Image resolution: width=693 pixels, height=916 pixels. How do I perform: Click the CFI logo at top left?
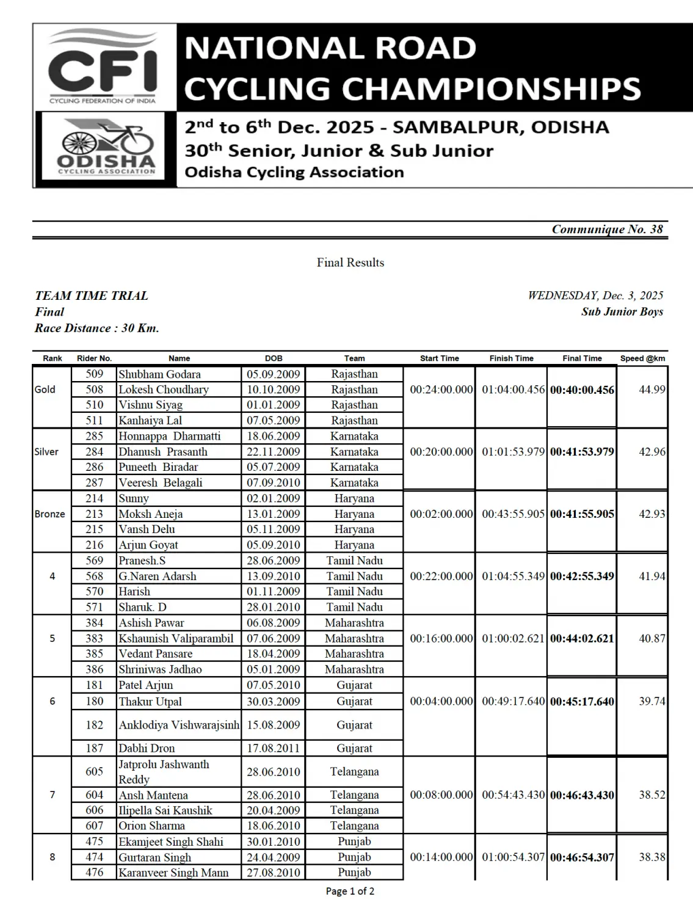(103, 68)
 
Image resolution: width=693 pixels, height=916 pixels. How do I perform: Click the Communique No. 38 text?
(607, 229)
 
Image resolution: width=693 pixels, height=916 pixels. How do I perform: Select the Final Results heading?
(350, 263)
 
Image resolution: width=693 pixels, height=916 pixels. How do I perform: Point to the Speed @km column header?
(642, 358)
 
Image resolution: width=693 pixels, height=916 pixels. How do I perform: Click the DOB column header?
(274, 358)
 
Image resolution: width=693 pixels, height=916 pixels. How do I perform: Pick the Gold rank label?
(45, 390)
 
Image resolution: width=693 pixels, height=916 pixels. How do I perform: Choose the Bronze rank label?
(49, 514)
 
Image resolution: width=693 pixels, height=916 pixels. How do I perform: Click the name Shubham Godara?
(159, 374)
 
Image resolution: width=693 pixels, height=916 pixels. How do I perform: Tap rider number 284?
(95, 452)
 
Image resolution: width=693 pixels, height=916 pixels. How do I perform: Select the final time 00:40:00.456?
(582, 390)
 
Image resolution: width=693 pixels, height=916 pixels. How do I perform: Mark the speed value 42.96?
(651, 452)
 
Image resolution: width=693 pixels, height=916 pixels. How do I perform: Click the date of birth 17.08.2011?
(274, 748)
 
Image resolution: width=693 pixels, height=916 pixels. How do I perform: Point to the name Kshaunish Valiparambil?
(176, 639)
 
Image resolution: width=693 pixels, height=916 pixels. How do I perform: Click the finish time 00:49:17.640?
(513, 702)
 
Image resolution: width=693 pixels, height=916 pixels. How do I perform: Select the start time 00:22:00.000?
(441, 576)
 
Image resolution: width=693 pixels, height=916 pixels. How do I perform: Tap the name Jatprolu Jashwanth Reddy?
(164, 772)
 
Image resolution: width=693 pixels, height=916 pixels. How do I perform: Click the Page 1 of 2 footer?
(350, 891)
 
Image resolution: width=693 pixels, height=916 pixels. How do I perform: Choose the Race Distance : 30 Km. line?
(96, 328)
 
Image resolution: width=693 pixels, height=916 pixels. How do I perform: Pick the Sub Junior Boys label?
(622, 311)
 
